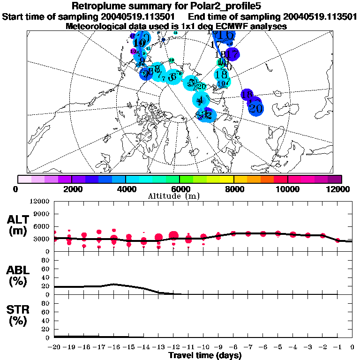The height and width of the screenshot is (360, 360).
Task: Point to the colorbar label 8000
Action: [x=234, y=189]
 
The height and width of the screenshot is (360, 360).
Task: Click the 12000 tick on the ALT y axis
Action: [x=40, y=202]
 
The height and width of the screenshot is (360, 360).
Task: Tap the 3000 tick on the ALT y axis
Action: [x=42, y=239]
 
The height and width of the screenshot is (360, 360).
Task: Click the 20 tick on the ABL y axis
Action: [x=45, y=286]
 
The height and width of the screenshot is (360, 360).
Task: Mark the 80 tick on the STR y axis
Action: [x=45, y=303]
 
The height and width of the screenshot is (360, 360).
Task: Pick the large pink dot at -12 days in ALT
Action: [x=174, y=235]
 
